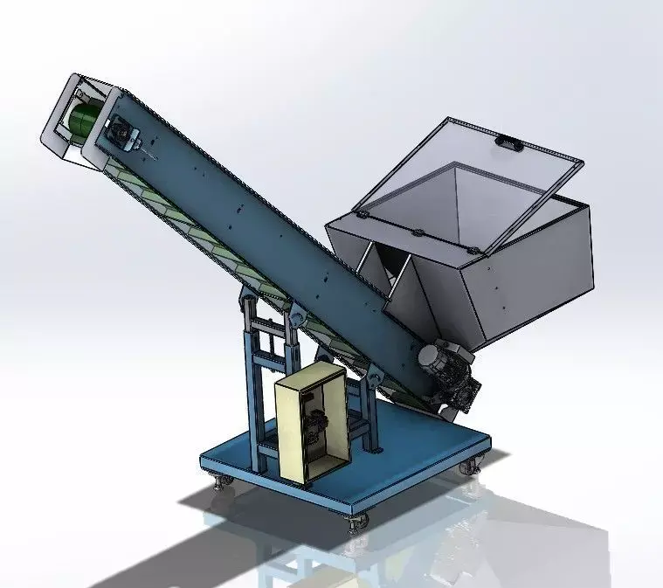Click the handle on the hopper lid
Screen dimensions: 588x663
(x=507, y=140)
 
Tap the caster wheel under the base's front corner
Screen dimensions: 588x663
(x=358, y=522)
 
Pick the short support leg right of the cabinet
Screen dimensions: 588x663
(x=371, y=411)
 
